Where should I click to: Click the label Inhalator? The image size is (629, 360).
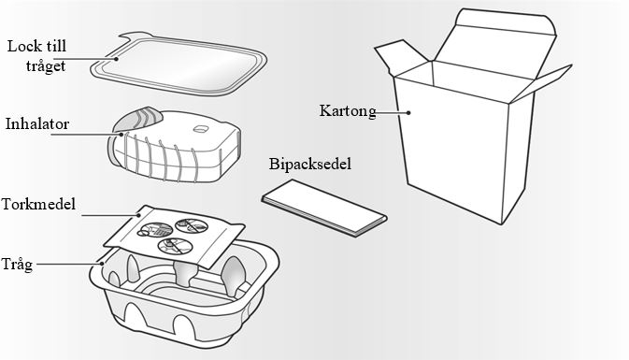point(36,124)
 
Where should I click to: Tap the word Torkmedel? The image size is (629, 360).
point(38,204)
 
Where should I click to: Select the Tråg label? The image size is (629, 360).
point(17,265)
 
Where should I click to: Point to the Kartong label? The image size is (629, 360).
point(348,111)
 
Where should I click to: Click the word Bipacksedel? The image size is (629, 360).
point(310,164)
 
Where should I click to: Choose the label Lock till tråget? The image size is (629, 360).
point(36,55)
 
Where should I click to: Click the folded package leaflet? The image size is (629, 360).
point(324,208)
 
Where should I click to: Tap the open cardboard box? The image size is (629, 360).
point(473,116)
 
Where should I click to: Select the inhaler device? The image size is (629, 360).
point(175,145)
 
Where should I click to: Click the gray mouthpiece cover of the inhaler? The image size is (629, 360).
point(136,119)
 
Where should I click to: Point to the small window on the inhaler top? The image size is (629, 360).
point(200,129)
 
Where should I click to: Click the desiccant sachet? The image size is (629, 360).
point(174,237)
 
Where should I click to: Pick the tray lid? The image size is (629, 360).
point(179,65)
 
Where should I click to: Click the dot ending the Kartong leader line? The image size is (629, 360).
point(408,113)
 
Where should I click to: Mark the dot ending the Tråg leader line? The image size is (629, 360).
point(102,264)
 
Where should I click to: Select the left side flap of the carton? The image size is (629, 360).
point(401,57)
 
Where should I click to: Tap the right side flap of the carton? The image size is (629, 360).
point(541,82)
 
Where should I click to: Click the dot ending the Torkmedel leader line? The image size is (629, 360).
point(139,215)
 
